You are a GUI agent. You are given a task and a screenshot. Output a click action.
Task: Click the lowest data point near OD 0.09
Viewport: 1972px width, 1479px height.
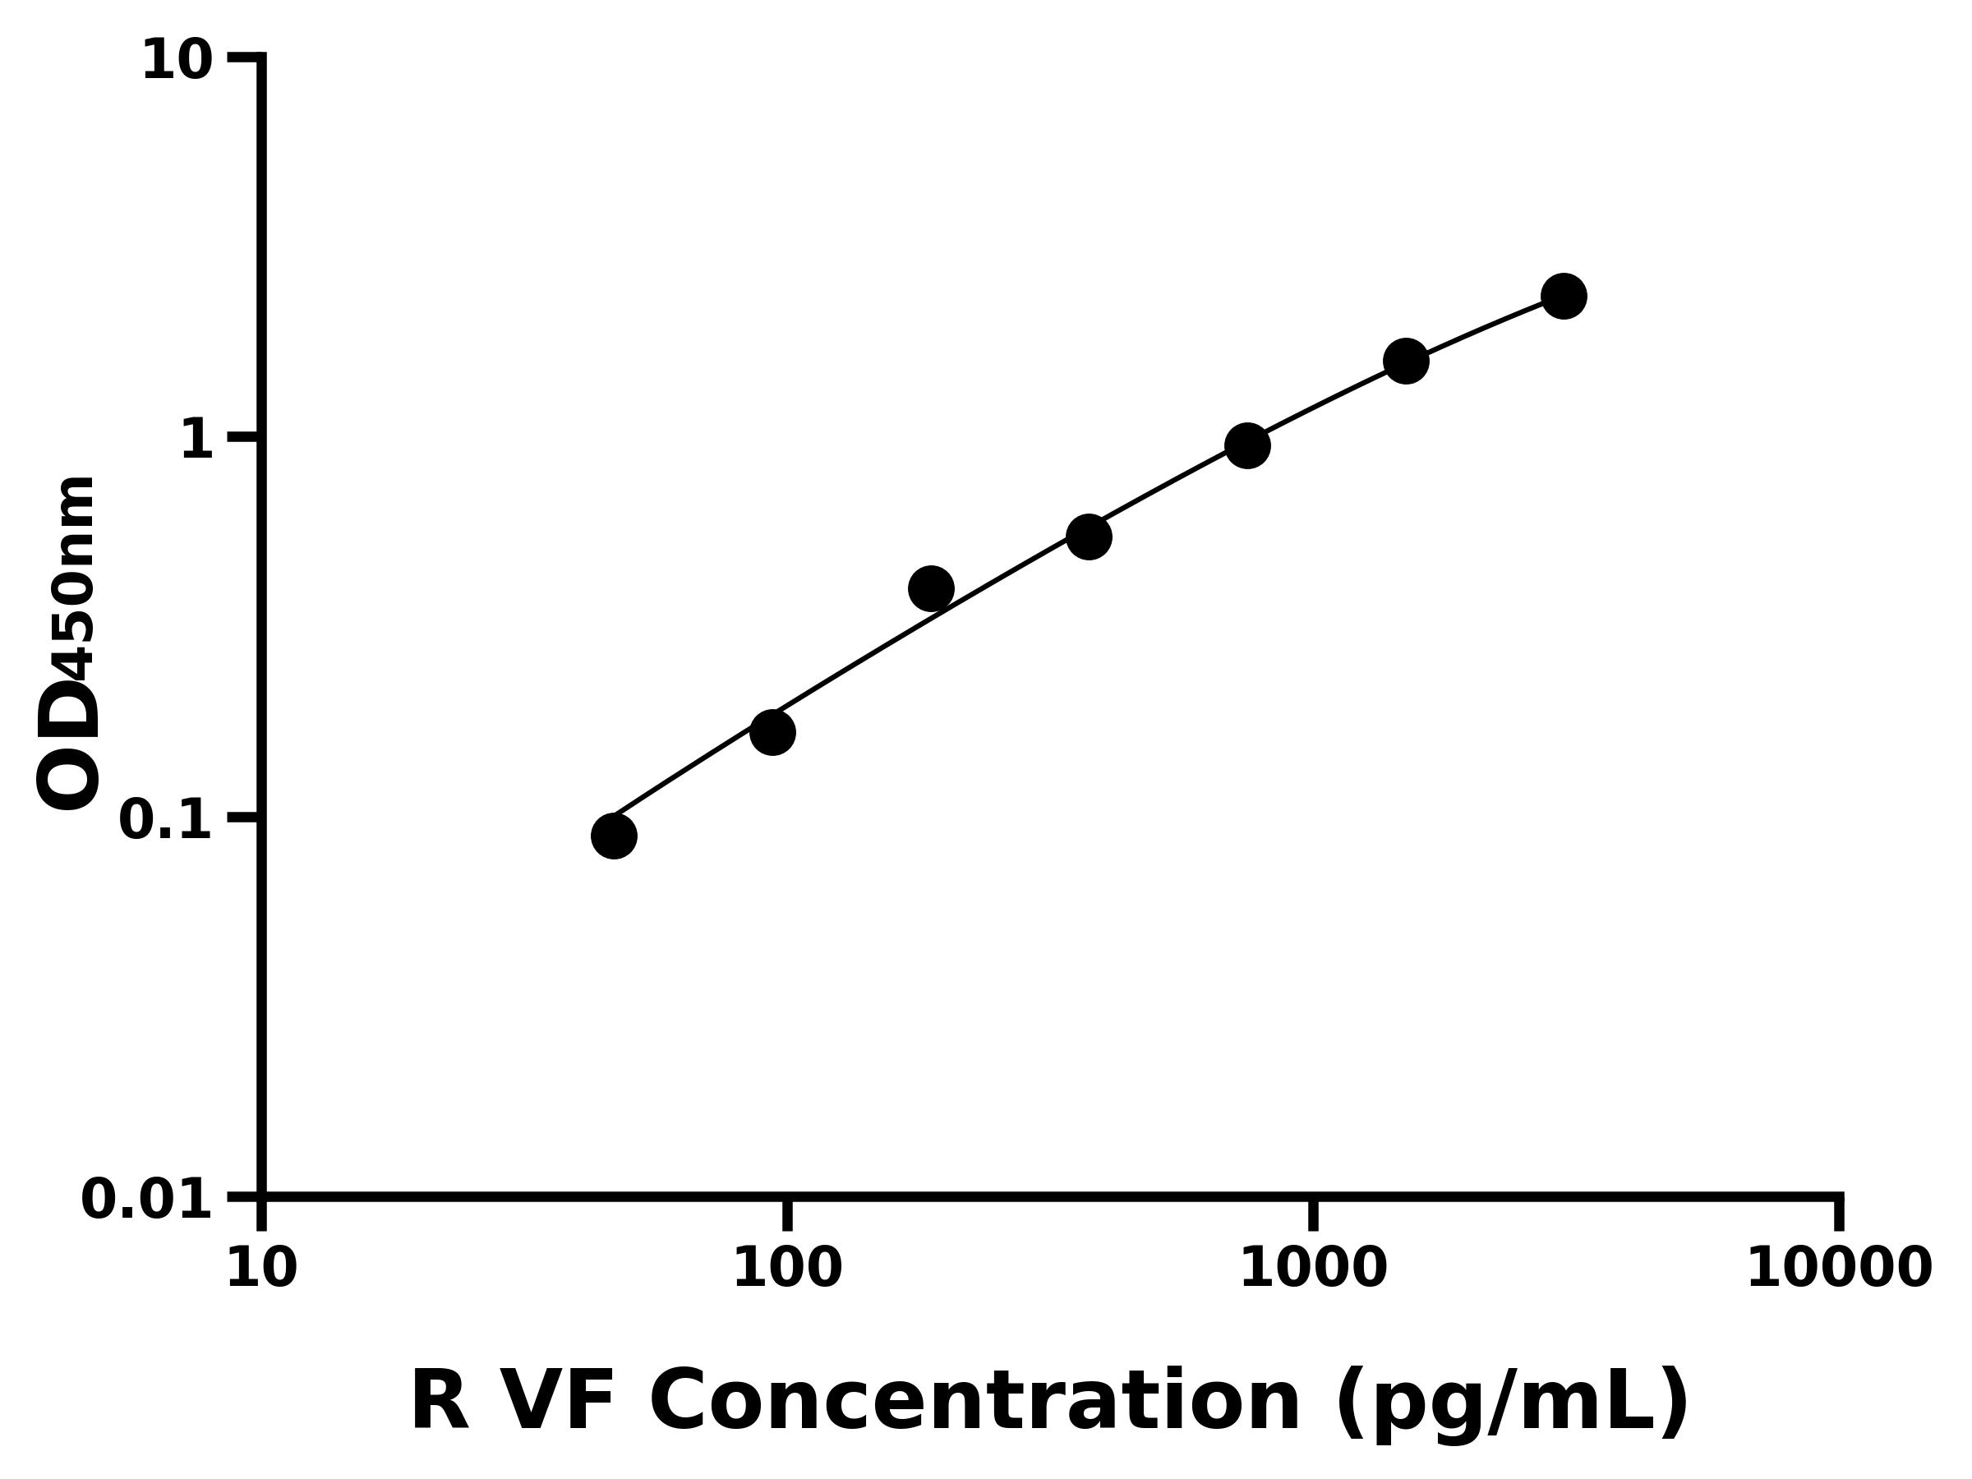pos(613,836)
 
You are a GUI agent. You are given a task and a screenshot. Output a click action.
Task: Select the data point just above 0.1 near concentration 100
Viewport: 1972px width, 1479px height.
pos(772,732)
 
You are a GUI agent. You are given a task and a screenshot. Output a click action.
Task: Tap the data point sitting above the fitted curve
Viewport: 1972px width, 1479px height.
pos(931,588)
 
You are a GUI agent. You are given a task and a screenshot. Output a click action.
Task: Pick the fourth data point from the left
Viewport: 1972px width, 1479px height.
pos(1089,536)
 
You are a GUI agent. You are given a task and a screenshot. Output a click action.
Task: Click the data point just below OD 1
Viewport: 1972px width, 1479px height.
pos(1247,445)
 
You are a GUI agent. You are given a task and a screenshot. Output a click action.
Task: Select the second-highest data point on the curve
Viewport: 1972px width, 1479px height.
pos(1406,360)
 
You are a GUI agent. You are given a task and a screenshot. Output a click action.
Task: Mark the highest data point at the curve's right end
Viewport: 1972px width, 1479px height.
pos(1564,295)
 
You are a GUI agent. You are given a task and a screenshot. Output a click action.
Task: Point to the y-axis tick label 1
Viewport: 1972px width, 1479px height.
pos(197,440)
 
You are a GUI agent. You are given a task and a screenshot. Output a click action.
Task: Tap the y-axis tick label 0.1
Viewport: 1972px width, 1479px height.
pos(166,820)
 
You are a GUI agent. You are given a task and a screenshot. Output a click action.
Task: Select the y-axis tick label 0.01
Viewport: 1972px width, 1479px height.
pos(147,1200)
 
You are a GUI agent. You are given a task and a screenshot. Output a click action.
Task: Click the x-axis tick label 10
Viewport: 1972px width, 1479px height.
pos(261,1269)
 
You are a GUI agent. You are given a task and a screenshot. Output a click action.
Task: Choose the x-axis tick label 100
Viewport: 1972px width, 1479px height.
pos(787,1269)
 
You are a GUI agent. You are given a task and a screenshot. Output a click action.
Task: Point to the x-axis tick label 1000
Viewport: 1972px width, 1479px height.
pos(1313,1269)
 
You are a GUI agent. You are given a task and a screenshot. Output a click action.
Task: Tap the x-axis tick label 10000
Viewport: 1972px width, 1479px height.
pos(1838,1269)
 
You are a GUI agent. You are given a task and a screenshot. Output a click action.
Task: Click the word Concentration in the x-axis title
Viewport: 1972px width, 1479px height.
pos(976,1403)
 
